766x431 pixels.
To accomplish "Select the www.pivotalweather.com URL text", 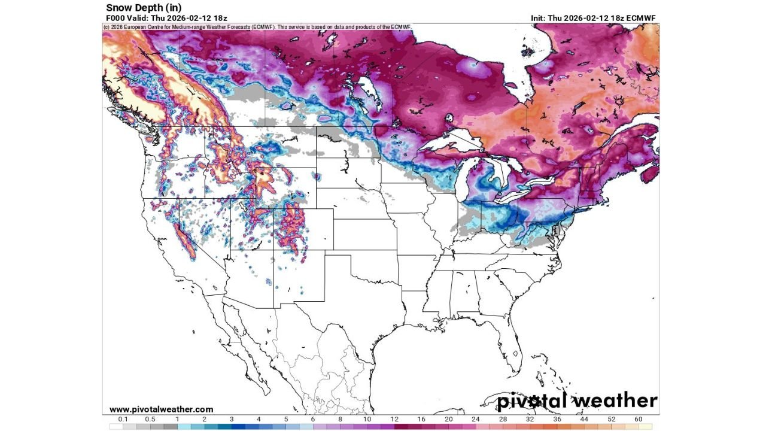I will (161, 409).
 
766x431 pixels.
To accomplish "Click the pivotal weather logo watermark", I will (577, 400).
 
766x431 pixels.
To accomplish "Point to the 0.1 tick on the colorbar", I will (123, 420).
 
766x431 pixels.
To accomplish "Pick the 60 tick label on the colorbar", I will (639, 420).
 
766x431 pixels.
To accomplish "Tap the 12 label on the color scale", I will (394, 420).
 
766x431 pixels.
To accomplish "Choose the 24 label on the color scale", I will (475, 420).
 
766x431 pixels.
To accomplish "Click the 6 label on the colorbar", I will (312, 420).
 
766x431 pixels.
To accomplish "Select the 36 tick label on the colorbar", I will (557, 420).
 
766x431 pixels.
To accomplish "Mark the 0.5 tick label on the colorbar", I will (150, 420).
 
